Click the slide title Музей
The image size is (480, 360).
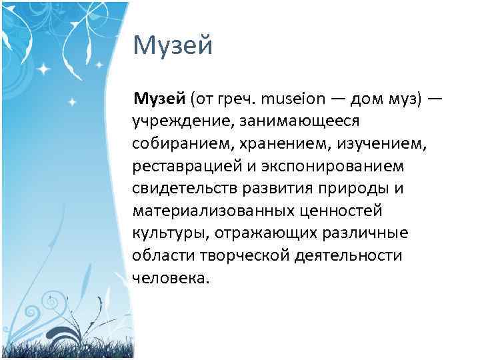[173, 47]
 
